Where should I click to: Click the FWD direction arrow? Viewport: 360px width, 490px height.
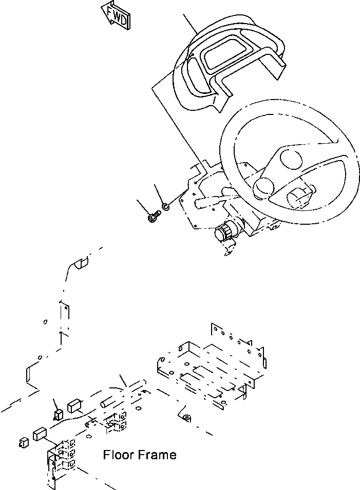pos(116,15)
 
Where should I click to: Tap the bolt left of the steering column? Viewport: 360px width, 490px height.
pos(153,218)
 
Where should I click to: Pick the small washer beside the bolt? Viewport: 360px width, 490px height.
pos(166,207)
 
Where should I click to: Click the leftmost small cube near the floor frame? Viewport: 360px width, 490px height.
pos(22,441)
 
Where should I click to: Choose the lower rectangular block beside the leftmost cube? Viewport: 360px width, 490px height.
pos(41,435)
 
